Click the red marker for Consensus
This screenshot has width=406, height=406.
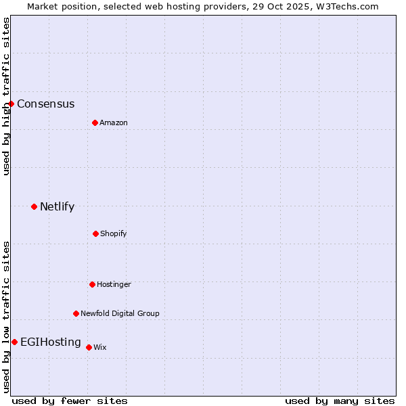[12, 104]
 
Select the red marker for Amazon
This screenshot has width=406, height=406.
[95, 122]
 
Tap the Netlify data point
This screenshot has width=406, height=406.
[34, 206]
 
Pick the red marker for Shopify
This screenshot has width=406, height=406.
[95, 233]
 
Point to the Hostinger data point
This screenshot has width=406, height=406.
[92, 284]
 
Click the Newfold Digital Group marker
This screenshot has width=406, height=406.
[76, 313]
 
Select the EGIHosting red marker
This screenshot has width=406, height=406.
[14, 342]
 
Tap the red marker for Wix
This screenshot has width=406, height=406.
[89, 347]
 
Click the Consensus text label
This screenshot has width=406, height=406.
[46, 104]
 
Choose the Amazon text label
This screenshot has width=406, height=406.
[114, 123]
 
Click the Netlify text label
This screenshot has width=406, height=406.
[57, 207]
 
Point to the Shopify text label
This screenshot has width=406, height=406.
[114, 234]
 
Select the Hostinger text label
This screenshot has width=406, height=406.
[114, 285]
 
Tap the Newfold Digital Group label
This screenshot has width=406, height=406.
[120, 314]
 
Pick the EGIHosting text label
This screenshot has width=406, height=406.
[51, 342]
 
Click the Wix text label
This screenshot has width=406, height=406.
[100, 348]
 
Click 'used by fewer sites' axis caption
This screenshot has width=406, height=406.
[70, 401]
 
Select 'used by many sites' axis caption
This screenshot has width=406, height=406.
[340, 401]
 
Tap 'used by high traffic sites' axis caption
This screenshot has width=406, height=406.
[7, 96]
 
